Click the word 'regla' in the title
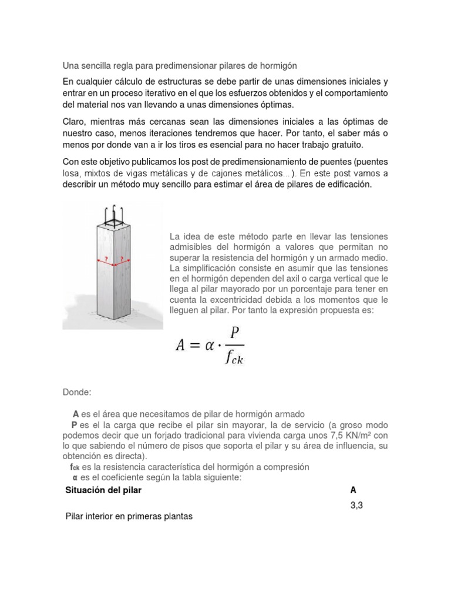[x=119, y=65]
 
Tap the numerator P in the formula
[x=235, y=333]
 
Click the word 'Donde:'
[x=76, y=392]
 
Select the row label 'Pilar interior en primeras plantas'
[x=129, y=517]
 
